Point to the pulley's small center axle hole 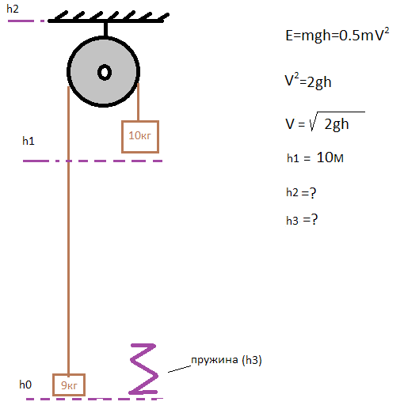point(105,72)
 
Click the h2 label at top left point(13,9)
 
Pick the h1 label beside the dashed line point(29,141)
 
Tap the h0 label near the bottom point(25,385)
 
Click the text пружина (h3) point(227,360)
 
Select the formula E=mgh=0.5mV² point(337,35)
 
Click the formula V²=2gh point(308,81)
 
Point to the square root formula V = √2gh point(325,122)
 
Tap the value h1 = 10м point(315,157)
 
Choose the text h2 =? point(301,192)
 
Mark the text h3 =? point(302,220)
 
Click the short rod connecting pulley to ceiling point(105,29)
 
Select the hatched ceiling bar point(109,17)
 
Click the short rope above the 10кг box point(138,102)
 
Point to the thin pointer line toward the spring point(179,369)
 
